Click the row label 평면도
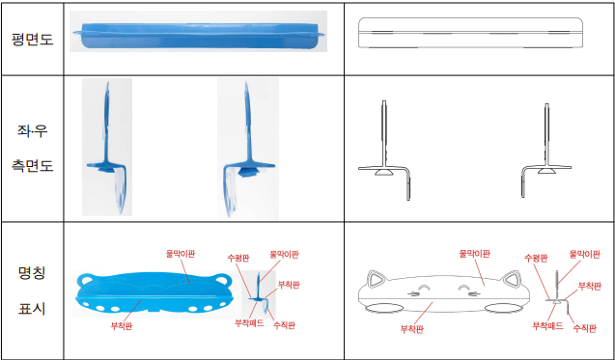pos(32,40)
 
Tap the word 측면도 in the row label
pos(32,165)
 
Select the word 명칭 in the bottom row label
pos(32,272)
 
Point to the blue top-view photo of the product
pos(199,32)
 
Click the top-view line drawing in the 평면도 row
pos(470,33)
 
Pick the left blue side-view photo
pos(107,147)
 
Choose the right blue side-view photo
pos(248,149)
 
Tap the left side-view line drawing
pos(384,151)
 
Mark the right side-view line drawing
pos(546,151)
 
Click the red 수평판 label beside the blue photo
pos(238,259)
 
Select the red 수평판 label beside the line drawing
pos(536,259)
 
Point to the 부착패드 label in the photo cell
pos(249,323)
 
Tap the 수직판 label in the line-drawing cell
pos(585,328)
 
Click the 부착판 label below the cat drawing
pos(412,328)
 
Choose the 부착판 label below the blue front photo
pos(122,326)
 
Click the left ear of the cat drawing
pos(376,278)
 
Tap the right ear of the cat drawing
pos(513,278)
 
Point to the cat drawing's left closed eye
pos(423,289)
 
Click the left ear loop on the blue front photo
pos(86,281)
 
